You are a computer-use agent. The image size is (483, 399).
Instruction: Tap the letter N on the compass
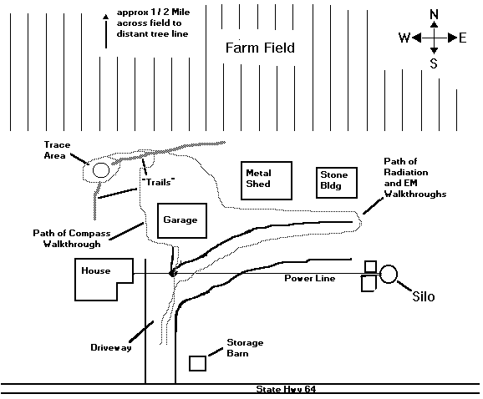434,14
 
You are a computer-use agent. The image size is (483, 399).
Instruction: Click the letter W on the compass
404,38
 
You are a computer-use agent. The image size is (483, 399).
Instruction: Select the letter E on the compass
463,38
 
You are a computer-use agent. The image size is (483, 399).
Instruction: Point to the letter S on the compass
434,63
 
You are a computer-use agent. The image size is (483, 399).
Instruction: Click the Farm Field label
260,48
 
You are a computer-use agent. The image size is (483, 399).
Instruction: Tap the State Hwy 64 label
286,389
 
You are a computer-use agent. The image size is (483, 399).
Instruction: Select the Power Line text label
309,278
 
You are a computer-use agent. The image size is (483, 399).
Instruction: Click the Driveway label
111,347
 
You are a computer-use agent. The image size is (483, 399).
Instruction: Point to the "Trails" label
158,182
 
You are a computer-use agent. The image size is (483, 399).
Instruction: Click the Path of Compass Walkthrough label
72,239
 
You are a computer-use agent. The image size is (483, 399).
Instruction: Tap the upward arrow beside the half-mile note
105,31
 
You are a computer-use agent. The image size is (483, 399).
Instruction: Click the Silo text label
424,296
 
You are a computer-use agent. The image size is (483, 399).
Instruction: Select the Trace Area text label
57,150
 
